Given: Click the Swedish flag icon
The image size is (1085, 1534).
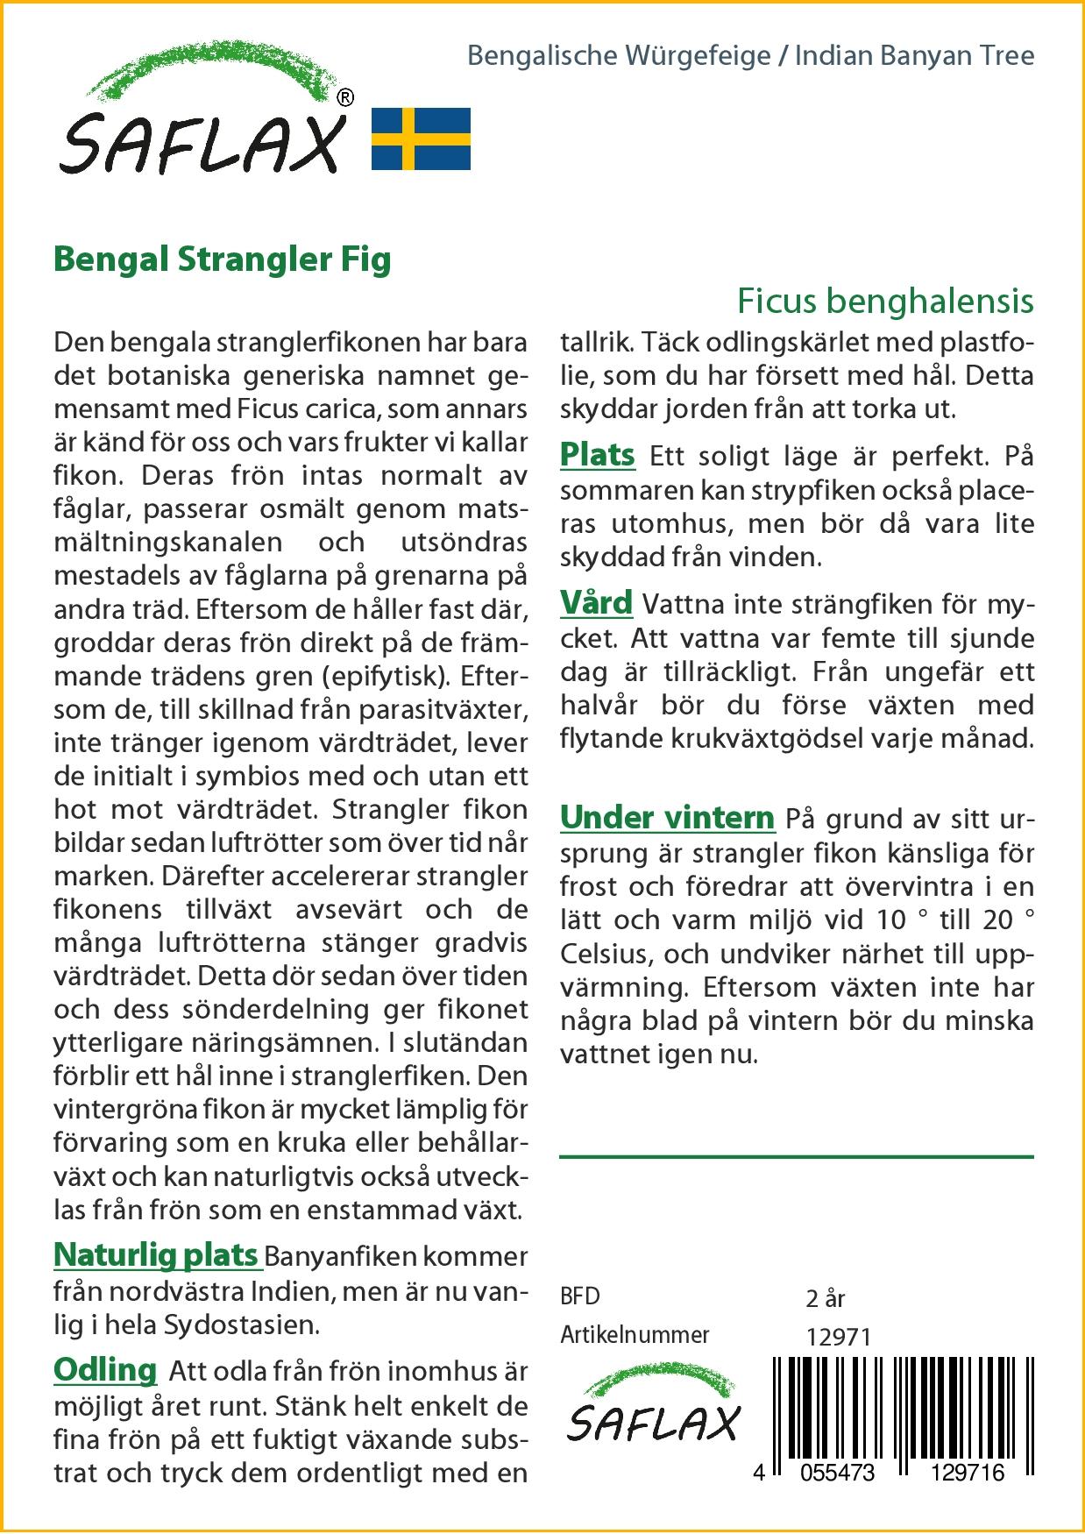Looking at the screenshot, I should coord(421,138).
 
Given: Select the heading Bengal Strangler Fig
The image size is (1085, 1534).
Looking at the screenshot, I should coord(223,259).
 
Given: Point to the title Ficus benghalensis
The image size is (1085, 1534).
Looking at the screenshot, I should coord(885,301).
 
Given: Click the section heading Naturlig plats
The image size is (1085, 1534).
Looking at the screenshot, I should coord(156,1255).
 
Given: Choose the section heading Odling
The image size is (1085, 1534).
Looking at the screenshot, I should coord(105,1369).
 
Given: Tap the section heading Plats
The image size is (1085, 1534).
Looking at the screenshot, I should coord(597,455).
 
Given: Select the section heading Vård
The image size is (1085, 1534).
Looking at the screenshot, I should coord(596,603).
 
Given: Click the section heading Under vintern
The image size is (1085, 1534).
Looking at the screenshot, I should coord(667,818).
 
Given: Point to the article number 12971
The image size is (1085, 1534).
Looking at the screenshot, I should coord(838,1337).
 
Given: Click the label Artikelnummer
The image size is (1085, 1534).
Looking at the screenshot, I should coord(635,1335).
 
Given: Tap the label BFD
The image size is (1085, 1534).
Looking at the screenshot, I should coord(580,1296).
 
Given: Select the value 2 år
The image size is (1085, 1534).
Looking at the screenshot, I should coord(825,1297).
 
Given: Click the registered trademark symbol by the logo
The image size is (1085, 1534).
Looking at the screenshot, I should coord(345,98).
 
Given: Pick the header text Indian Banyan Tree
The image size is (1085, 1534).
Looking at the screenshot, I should coord(914,56).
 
